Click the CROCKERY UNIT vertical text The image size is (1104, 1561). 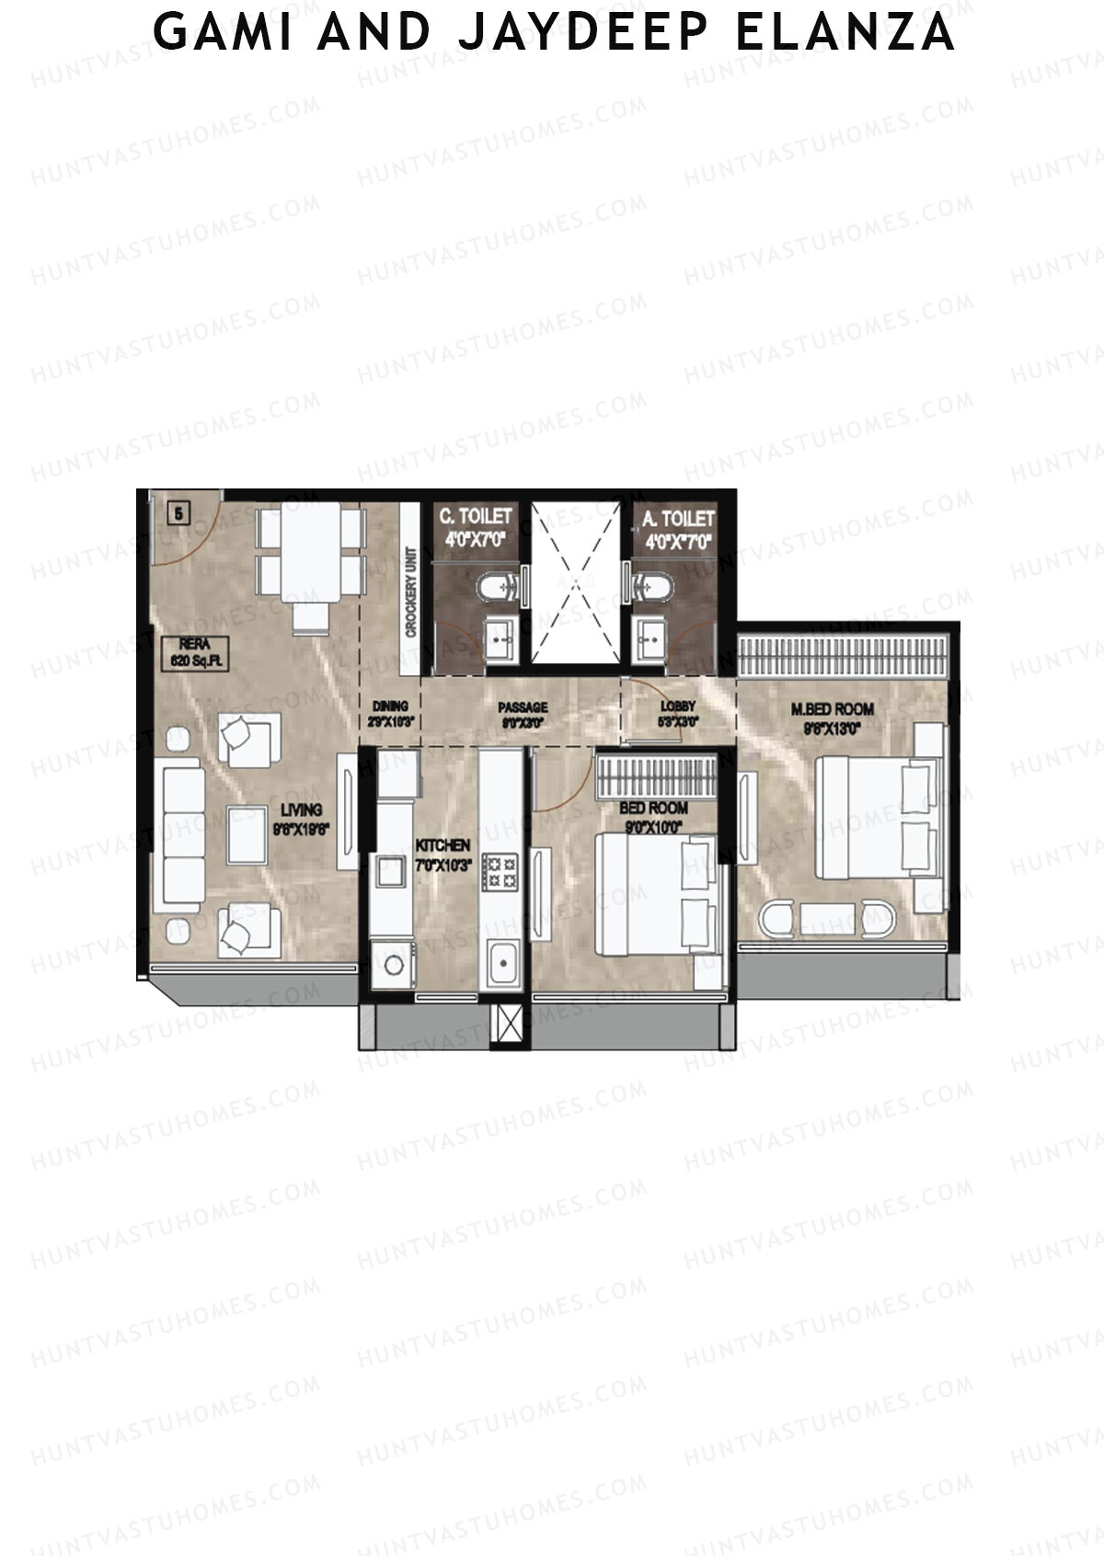tap(410, 593)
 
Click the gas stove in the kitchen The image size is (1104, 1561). tap(501, 872)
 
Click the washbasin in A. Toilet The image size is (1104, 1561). tap(655, 637)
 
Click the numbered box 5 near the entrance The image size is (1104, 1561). tap(178, 512)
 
